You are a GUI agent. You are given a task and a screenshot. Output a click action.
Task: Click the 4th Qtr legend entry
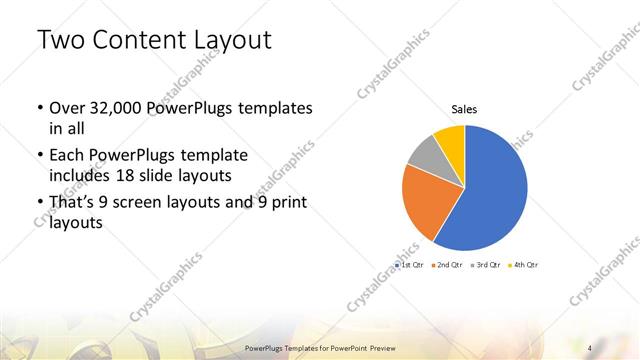tap(525, 265)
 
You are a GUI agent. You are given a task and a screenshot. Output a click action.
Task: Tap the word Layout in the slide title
tap(233, 41)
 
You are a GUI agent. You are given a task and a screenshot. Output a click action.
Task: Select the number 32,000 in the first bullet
tap(116, 107)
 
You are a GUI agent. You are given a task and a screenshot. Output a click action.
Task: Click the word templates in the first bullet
tap(275, 107)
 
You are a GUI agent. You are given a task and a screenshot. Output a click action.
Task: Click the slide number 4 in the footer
tap(590, 347)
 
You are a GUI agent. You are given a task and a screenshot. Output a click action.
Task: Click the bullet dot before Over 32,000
tap(38, 108)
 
